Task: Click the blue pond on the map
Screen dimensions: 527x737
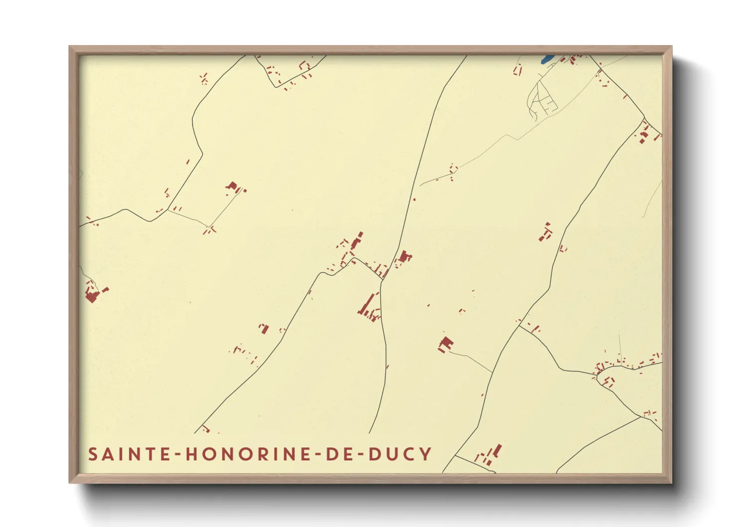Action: click(x=547, y=59)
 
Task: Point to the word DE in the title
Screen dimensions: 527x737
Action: click(x=340, y=454)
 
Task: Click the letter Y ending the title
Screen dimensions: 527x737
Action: click(x=425, y=454)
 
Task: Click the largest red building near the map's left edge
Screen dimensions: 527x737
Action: click(x=92, y=296)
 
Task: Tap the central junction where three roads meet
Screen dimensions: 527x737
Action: click(x=382, y=280)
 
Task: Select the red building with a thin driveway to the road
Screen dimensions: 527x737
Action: click(x=446, y=344)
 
